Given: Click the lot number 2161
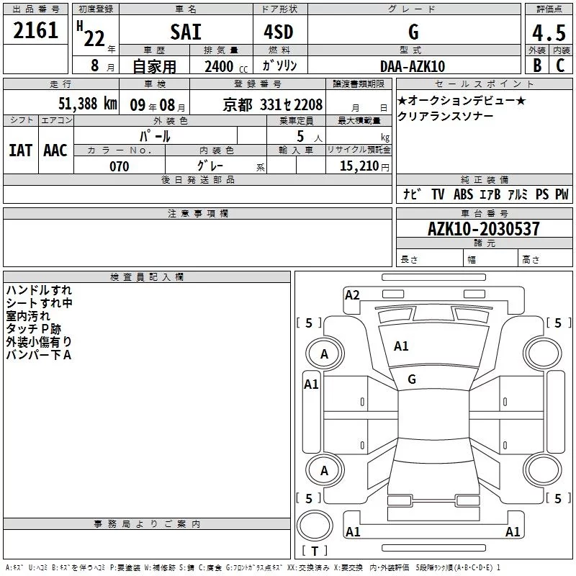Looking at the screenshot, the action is point(35,30).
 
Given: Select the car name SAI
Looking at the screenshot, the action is point(186,32).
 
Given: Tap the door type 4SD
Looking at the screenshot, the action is point(279,32).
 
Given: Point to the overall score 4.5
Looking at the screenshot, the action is point(549,32).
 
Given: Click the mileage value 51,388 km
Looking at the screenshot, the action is point(88,104).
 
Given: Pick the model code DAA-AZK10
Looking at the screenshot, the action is point(413,66).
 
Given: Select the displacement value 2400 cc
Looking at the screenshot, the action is point(226,66).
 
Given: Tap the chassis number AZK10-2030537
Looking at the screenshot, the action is point(484,229).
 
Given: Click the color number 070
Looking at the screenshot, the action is point(120,166).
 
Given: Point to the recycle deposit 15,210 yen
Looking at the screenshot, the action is point(364,166).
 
